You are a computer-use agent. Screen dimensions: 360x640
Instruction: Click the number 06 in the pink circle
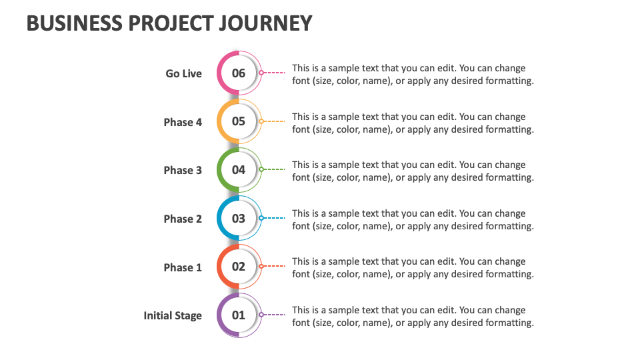239,73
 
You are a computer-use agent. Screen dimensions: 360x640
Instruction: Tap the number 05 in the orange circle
239,121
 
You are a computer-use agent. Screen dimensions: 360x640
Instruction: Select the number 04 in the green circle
239,170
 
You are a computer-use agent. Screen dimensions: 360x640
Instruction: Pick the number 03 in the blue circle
239,219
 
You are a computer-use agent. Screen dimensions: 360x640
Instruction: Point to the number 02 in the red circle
239,267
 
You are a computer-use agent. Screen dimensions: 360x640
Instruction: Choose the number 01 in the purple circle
239,315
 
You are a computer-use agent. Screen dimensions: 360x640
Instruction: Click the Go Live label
183,73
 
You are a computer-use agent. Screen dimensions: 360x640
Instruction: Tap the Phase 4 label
183,122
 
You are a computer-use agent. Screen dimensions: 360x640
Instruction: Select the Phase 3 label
183,170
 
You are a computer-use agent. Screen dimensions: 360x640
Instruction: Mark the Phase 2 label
183,219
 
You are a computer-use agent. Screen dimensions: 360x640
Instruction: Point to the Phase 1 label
183,267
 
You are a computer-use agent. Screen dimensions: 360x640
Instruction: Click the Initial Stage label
173,315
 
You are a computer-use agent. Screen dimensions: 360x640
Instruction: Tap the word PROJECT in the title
175,23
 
